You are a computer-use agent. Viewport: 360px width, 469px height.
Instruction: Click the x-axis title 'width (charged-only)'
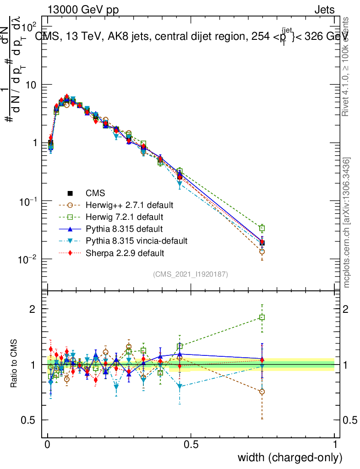pyautogui.click(x=290, y=458)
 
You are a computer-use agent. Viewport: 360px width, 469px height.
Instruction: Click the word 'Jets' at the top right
pyautogui.click(x=324, y=10)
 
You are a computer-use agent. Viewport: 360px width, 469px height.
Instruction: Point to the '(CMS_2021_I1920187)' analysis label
pyautogui.click(x=191, y=274)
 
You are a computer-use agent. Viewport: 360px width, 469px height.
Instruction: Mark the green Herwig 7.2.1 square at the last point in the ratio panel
pyautogui.click(x=262, y=317)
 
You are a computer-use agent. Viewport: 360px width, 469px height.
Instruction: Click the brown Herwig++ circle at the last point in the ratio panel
pyautogui.click(x=262, y=392)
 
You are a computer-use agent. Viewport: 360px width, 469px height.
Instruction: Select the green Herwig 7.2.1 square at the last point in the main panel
pyautogui.click(x=262, y=228)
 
